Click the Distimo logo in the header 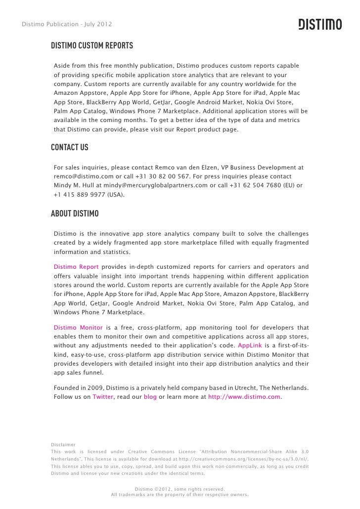pyautogui.click(x=319, y=24)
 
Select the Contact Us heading pyautogui.click(x=70, y=148)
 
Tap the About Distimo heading pyautogui.click(x=75, y=214)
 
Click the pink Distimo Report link pyautogui.click(x=76, y=267)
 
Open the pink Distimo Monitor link pyautogui.click(x=78, y=327)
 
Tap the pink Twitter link pyautogui.click(x=103, y=396)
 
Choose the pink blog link pyautogui.click(x=150, y=396)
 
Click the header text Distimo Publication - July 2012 pyautogui.click(x=67, y=24)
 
